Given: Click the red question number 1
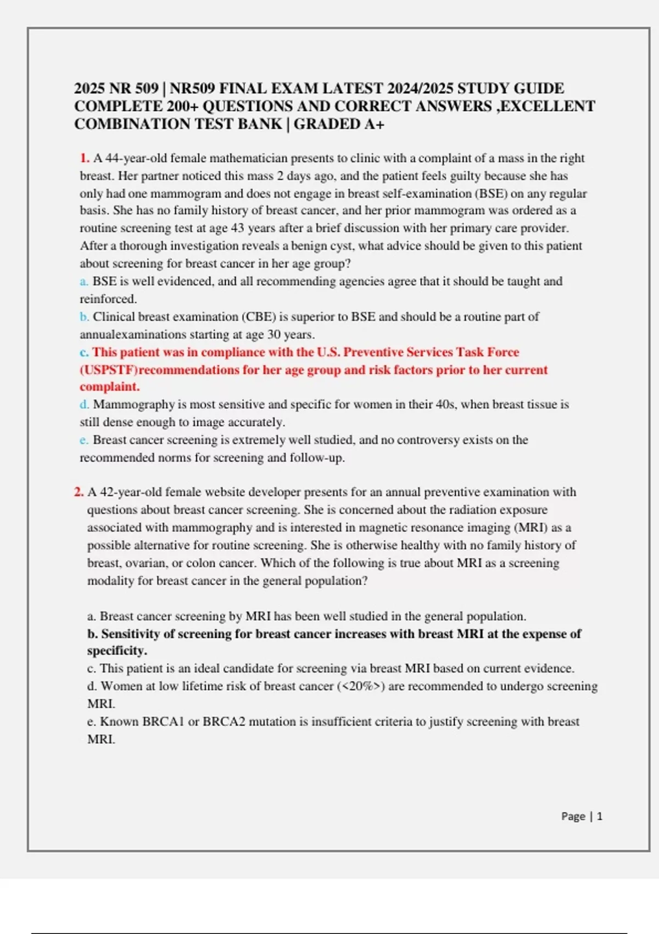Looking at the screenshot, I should pyautogui.click(x=85, y=158).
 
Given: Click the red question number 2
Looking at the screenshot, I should pyautogui.click(x=79, y=492).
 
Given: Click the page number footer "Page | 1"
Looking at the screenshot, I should pyautogui.click(x=582, y=816).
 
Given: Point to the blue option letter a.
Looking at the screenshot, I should pyautogui.click(x=83, y=281).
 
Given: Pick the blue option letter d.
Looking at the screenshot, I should pyautogui.click(x=84, y=404).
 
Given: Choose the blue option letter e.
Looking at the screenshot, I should pyautogui.click(x=83, y=440).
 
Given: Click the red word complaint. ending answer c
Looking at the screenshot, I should pyautogui.click(x=110, y=387).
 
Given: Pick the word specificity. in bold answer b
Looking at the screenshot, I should pyautogui.click(x=117, y=651).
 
